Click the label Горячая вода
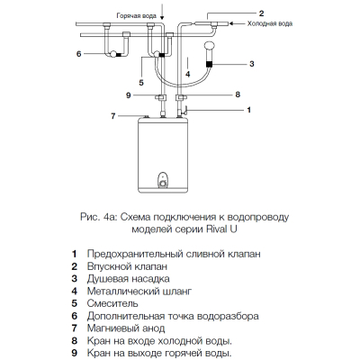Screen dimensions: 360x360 (137, 16)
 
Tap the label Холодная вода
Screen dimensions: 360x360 (270, 23)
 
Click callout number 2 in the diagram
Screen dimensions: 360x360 (261, 13)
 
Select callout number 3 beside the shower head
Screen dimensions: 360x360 (252, 64)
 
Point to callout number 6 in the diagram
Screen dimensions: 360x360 (79, 54)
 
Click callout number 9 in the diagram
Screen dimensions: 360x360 (129, 95)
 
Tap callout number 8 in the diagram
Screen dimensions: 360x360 (238, 94)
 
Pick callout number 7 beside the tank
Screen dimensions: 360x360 (113, 116)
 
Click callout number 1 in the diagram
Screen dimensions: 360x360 (248, 110)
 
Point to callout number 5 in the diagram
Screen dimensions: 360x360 (141, 82)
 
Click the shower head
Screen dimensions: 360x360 (209, 48)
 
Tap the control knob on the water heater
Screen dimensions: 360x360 (163, 184)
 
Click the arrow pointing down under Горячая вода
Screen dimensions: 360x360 (162, 11)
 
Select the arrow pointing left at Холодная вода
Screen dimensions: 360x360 (237, 23)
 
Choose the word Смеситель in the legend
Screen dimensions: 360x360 (112, 303)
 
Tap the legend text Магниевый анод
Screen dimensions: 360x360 (126, 328)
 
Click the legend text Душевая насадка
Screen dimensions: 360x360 (129, 279)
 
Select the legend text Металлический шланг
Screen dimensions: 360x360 (139, 291)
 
